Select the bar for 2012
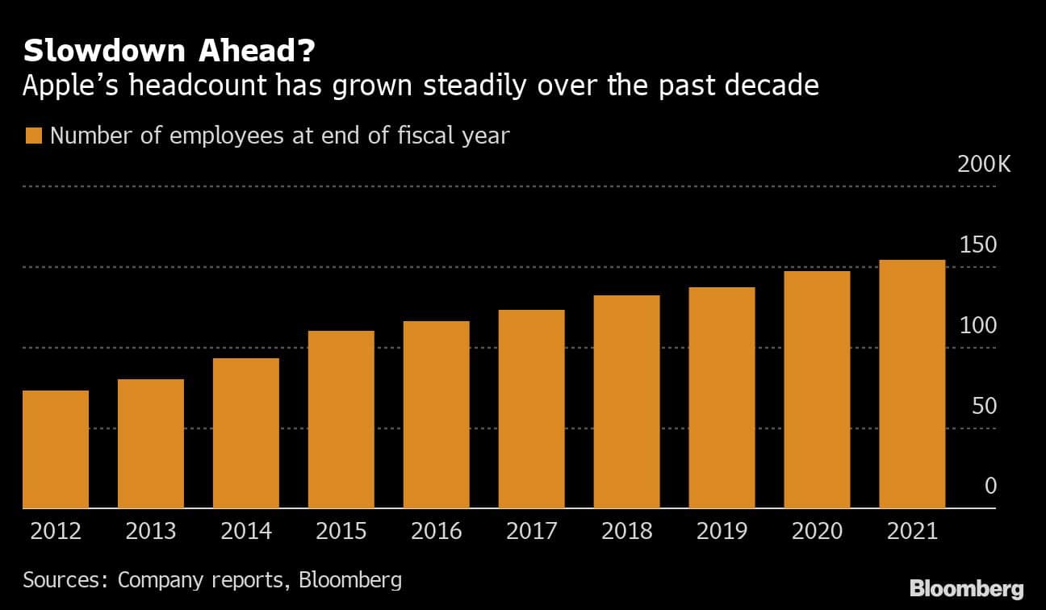tap(56, 449)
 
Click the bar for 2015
tap(341, 420)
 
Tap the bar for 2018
tap(626, 402)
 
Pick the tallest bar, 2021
tap(912, 384)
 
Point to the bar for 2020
tap(817, 390)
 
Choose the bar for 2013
tap(151, 444)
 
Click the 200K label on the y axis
tap(983, 165)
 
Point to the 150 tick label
tap(978, 245)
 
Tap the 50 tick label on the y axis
tap(985, 406)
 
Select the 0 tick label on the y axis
tap(991, 487)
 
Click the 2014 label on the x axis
tap(246, 532)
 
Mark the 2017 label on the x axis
tap(532, 532)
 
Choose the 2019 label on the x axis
tap(722, 532)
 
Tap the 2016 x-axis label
tap(437, 532)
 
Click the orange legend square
tap(33, 136)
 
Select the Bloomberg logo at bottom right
tap(966, 588)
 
